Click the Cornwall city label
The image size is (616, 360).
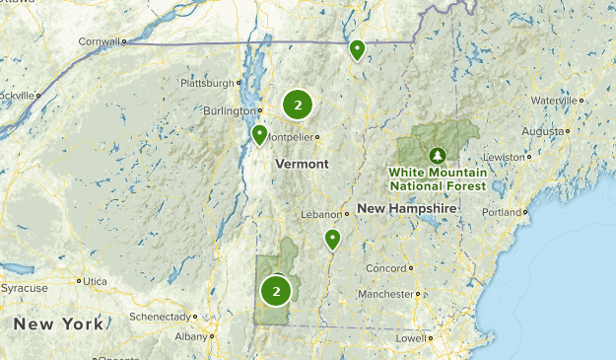click(x=100, y=41)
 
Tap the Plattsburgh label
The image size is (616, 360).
click(x=207, y=83)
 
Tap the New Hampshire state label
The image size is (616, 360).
click(x=407, y=209)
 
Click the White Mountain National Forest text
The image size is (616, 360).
click(x=437, y=179)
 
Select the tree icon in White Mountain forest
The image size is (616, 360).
click(x=437, y=155)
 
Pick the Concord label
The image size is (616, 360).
click(x=385, y=268)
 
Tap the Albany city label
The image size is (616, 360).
click(x=190, y=336)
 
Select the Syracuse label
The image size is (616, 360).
click(x=24, y=288)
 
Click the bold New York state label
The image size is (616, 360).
click(x=57, y=324)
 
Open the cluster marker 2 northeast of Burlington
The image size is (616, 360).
click(x=298, y=104)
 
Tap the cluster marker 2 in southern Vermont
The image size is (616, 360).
click(x=276, y=290)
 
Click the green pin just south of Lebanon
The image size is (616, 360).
click(x=332, y=239)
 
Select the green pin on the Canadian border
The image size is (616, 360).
click(x=357, y=48)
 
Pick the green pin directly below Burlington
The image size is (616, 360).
click(x=259, y=134)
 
